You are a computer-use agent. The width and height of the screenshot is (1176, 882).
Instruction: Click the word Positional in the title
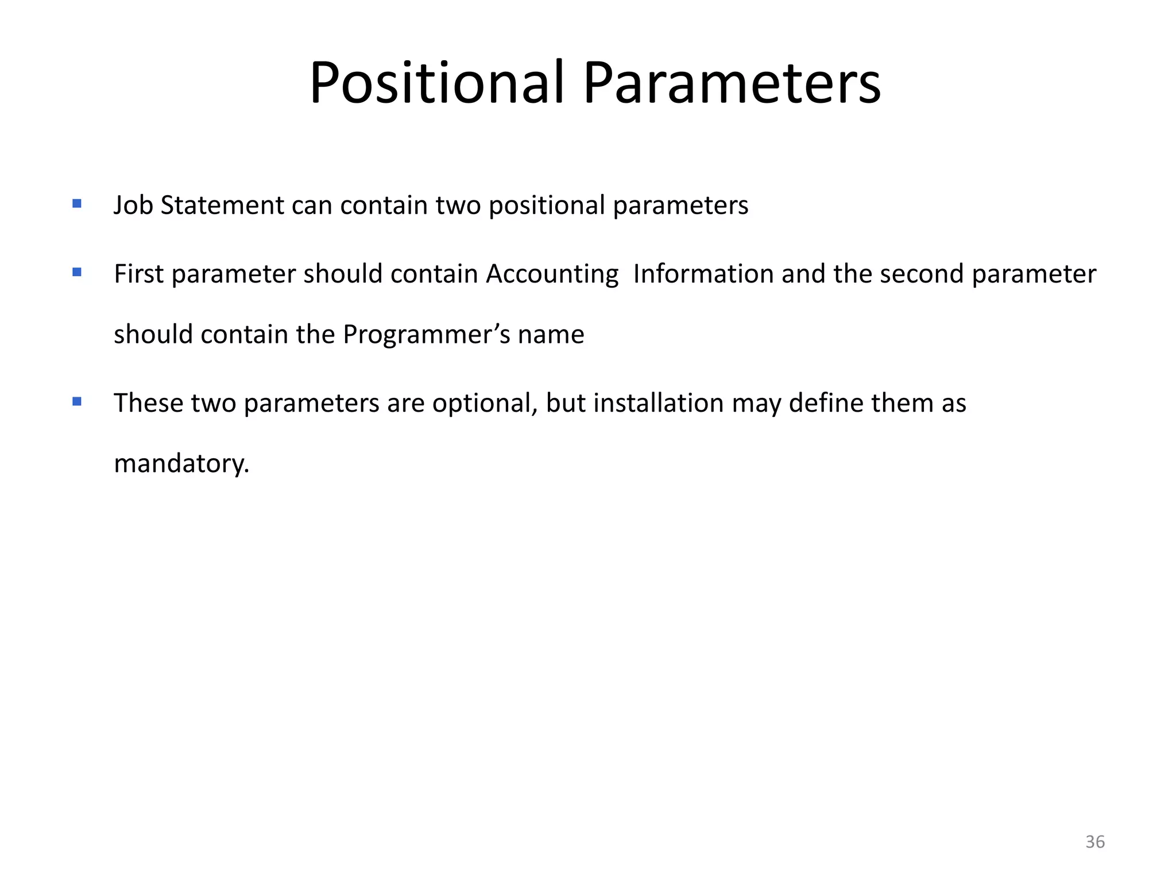[x=436, y=83]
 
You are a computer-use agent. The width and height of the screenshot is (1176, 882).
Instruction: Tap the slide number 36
[x=1094, y=842]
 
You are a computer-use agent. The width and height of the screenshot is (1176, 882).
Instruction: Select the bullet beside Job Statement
[x=77, y=203]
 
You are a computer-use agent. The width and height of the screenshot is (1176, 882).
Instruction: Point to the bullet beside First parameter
[x=77, y=272]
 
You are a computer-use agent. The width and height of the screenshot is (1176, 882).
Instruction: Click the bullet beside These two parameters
[x=77, y=401]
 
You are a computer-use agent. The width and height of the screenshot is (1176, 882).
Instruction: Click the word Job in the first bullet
[x=133, y=206]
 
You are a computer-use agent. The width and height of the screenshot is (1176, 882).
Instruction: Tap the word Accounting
[x=552, y=274]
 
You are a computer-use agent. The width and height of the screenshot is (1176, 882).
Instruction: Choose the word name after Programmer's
[x=551, y=335]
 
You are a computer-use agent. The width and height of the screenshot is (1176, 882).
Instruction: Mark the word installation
[x=658, y=404]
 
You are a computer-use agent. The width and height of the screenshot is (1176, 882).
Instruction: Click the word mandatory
[x=181, y=464]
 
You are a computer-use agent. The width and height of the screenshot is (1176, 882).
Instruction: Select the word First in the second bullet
[x=139, y=274]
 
